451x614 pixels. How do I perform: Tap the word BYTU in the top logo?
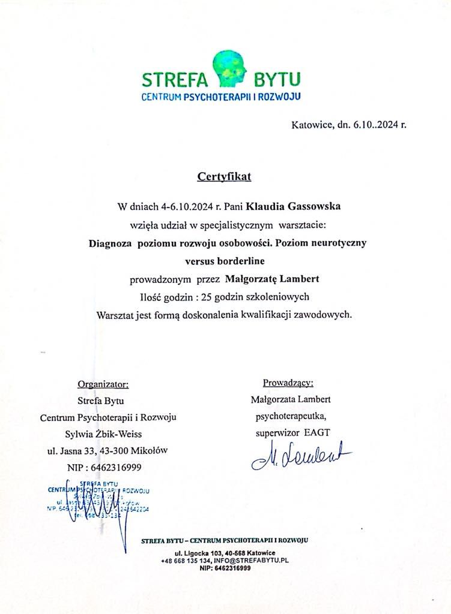click(x=277, y=79)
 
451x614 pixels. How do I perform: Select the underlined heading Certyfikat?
click(x=225, y=177)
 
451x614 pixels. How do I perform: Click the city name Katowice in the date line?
click(x=310, y=125)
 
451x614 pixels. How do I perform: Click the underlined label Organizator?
click(x=103, y=384)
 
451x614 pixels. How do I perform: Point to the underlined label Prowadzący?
click(x=288, y=383)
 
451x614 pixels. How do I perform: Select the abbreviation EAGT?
click(x=317, y=432)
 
